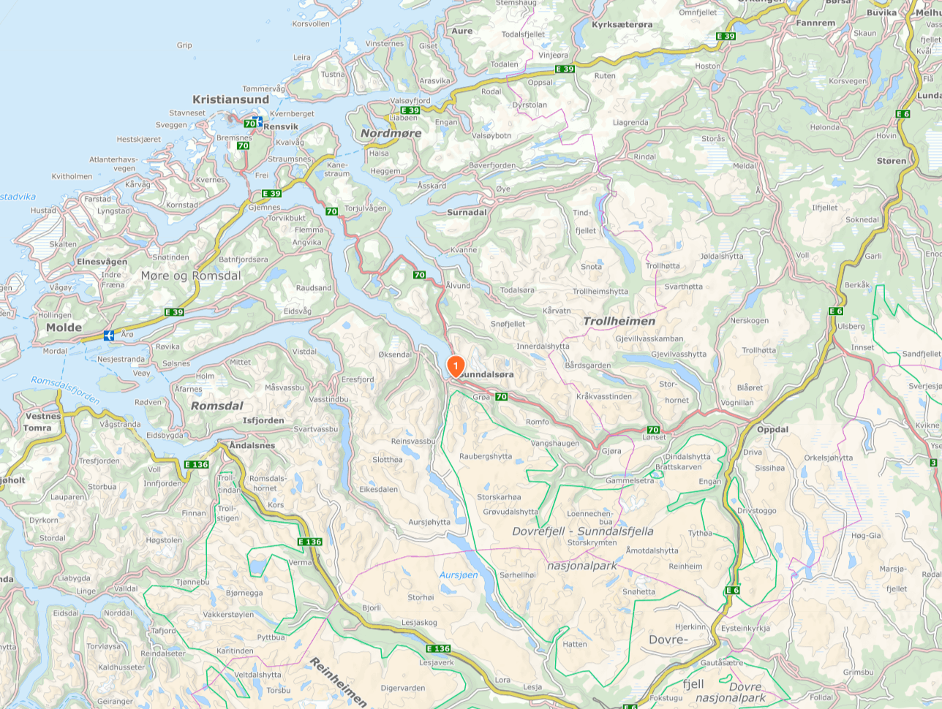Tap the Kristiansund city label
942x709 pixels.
[x=230, y=99]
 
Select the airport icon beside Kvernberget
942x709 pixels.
[x=257, y=121]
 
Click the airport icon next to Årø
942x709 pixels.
[x=109, y=335]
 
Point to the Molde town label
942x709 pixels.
[x=64, y=327]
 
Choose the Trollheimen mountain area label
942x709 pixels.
[x=619, y=321]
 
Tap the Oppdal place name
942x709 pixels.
[x=772, y=429]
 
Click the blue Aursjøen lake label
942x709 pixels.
[x=459, y=575]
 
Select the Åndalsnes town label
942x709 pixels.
[x=252, y=445]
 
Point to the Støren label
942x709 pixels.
[x=891, y=161]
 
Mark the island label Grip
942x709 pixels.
[x=184, y=45]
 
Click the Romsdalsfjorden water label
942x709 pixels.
[x=65, y=390]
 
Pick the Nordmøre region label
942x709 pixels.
[x=391, y=133]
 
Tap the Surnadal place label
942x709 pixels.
[x=467, y=213]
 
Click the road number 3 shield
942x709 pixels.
[x=933, y=463]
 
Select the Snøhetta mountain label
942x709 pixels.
[x=638, y=592]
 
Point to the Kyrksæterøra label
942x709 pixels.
[x=622, y=25]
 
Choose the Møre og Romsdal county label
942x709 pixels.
[x=190, y=276]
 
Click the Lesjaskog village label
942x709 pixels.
[x=419, y=623]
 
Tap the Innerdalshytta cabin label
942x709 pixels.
[x=543, y=346]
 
